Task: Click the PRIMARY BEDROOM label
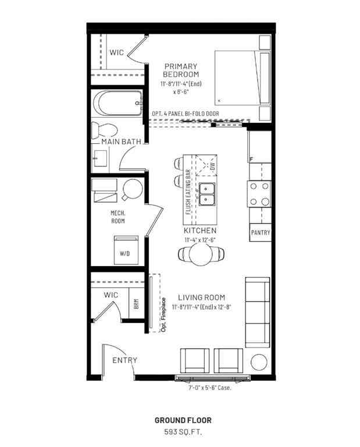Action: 180,70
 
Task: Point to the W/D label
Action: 125,254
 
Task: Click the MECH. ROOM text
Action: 119,217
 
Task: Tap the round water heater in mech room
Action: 132,187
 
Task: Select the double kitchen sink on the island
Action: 207,194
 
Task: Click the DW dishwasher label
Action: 212,166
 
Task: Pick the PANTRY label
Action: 260,232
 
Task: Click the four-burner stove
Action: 259,194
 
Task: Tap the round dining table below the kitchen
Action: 201,254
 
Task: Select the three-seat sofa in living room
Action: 256,311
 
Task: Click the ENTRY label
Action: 124,360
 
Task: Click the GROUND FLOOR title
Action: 183,420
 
